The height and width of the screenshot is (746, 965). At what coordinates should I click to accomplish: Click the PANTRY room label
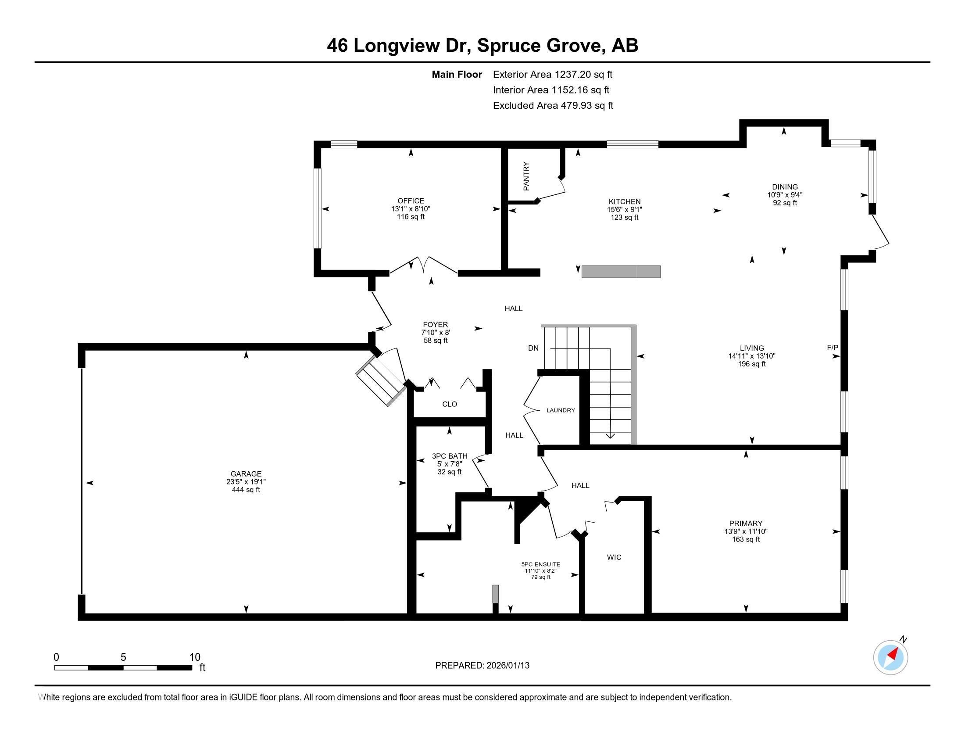(526, 176)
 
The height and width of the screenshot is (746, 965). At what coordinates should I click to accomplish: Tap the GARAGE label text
(246, 474)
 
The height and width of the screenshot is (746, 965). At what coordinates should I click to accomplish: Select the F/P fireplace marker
(833, 348)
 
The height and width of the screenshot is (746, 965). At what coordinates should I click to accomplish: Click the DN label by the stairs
(533, 348)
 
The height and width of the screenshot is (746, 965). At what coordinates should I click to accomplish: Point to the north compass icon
(890, 657)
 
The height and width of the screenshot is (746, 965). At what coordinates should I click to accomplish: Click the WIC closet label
(614, 557)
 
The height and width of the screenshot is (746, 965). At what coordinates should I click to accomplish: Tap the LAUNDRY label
(561, 410)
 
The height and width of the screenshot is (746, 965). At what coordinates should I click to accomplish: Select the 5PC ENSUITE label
(541, 564)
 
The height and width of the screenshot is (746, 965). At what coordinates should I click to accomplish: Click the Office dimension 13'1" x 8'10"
(411, 208)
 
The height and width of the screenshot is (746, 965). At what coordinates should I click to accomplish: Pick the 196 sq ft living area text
(751, 364)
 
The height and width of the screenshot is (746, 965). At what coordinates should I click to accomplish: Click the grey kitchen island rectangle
(621, 272)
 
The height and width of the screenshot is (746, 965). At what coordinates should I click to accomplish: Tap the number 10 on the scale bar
(195, 657)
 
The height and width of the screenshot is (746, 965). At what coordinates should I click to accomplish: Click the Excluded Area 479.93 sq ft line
(553, 106)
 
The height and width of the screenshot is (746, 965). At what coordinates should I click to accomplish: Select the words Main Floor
(457, 75)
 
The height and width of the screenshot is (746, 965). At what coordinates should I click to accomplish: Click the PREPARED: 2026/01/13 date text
(482, 665)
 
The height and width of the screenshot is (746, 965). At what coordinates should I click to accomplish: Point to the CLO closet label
(449, 404)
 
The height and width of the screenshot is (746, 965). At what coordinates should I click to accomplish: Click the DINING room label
(785, 187)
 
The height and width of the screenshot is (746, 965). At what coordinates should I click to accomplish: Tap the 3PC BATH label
(449, 456)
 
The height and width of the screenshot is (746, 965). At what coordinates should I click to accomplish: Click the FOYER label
(435, 324)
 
